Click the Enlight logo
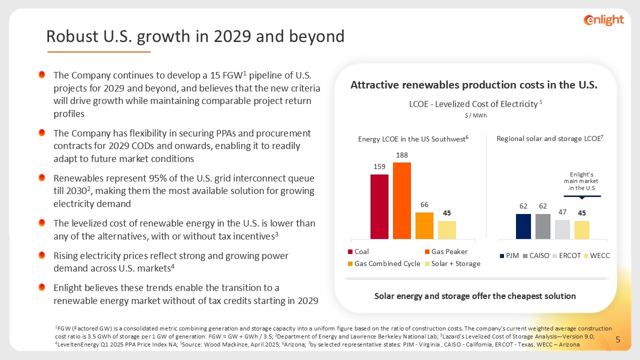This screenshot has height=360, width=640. [x=603, y=19]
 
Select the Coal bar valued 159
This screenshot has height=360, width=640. [x=379, y=206]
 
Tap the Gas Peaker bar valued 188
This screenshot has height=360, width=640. [x=402, y=200]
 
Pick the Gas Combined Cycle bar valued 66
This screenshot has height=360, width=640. [x=424, y=225]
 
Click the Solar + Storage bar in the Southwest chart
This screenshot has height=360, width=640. [x=446, y=229]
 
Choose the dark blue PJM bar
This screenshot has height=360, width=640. [x=523, y=226]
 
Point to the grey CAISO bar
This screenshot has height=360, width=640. [x=542, y=226]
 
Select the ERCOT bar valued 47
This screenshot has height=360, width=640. [x=562, y=229]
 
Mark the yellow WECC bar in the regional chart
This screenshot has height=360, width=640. [x=581, y=229]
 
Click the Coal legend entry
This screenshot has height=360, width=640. [x=361, y=251]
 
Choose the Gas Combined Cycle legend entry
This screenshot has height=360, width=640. [x=383, y=263]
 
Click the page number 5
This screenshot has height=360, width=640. [x=617, y=340]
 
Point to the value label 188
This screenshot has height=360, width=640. [x=402, y=156]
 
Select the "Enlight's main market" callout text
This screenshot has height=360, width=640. [x=581, y=180]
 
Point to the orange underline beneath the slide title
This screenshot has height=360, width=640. [x=98, y=51]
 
